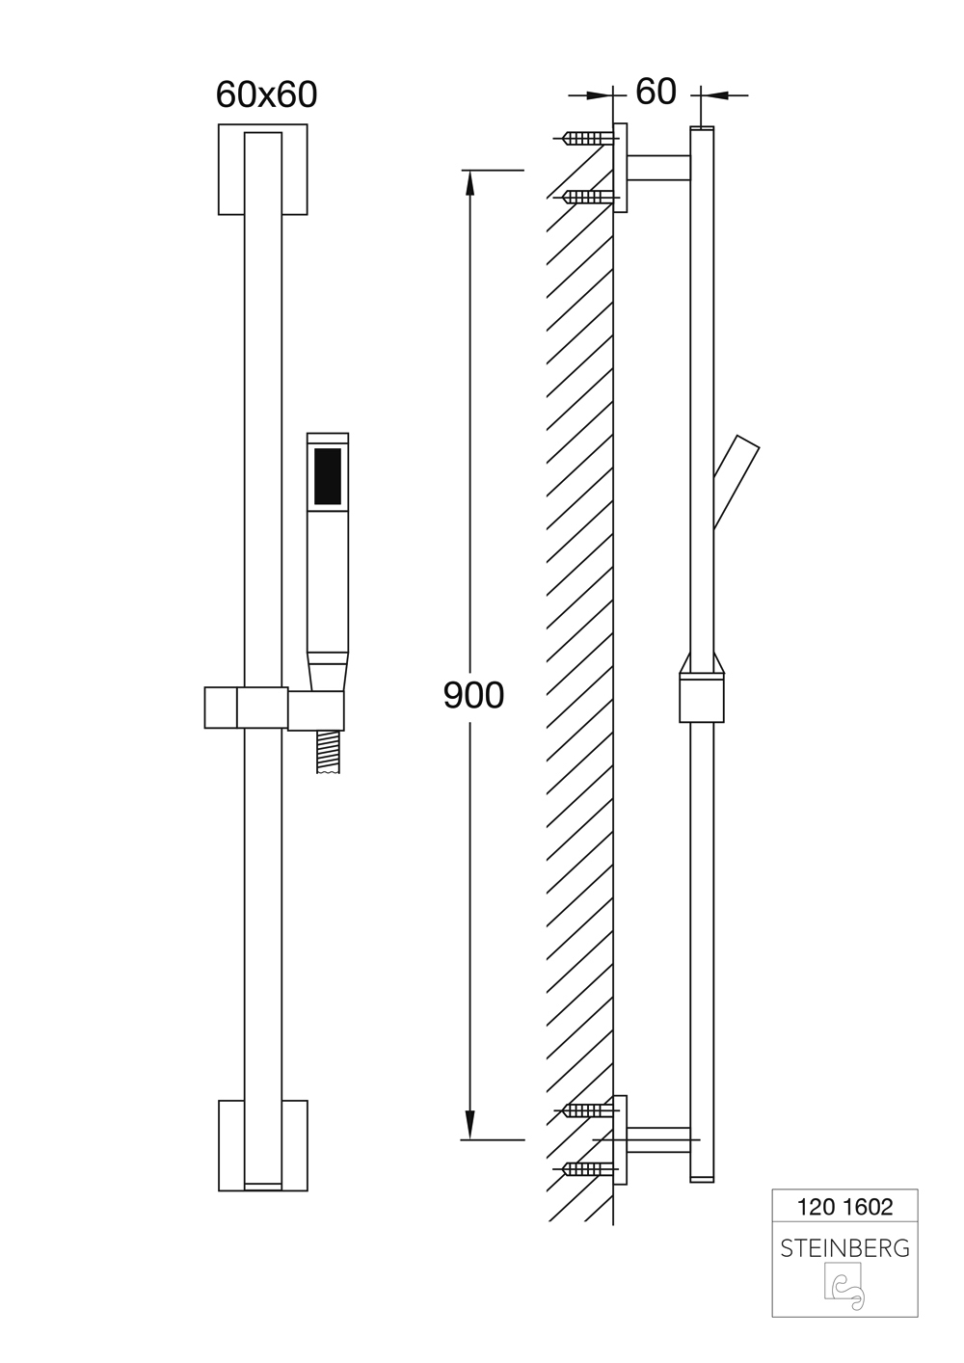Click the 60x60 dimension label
[266, 94]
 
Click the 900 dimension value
[473, 694]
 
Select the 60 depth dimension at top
[656, 92]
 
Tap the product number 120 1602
[844, 1206]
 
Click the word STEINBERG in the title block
[844, 1248]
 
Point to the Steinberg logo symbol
[844, 1289]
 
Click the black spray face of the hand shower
[328, 476]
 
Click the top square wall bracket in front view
[229, 170]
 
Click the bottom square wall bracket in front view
[229, 1144]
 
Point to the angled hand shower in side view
[736, 481]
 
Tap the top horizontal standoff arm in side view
[659, 168]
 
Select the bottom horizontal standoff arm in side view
[659, 1139]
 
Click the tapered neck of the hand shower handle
[327, 671]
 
